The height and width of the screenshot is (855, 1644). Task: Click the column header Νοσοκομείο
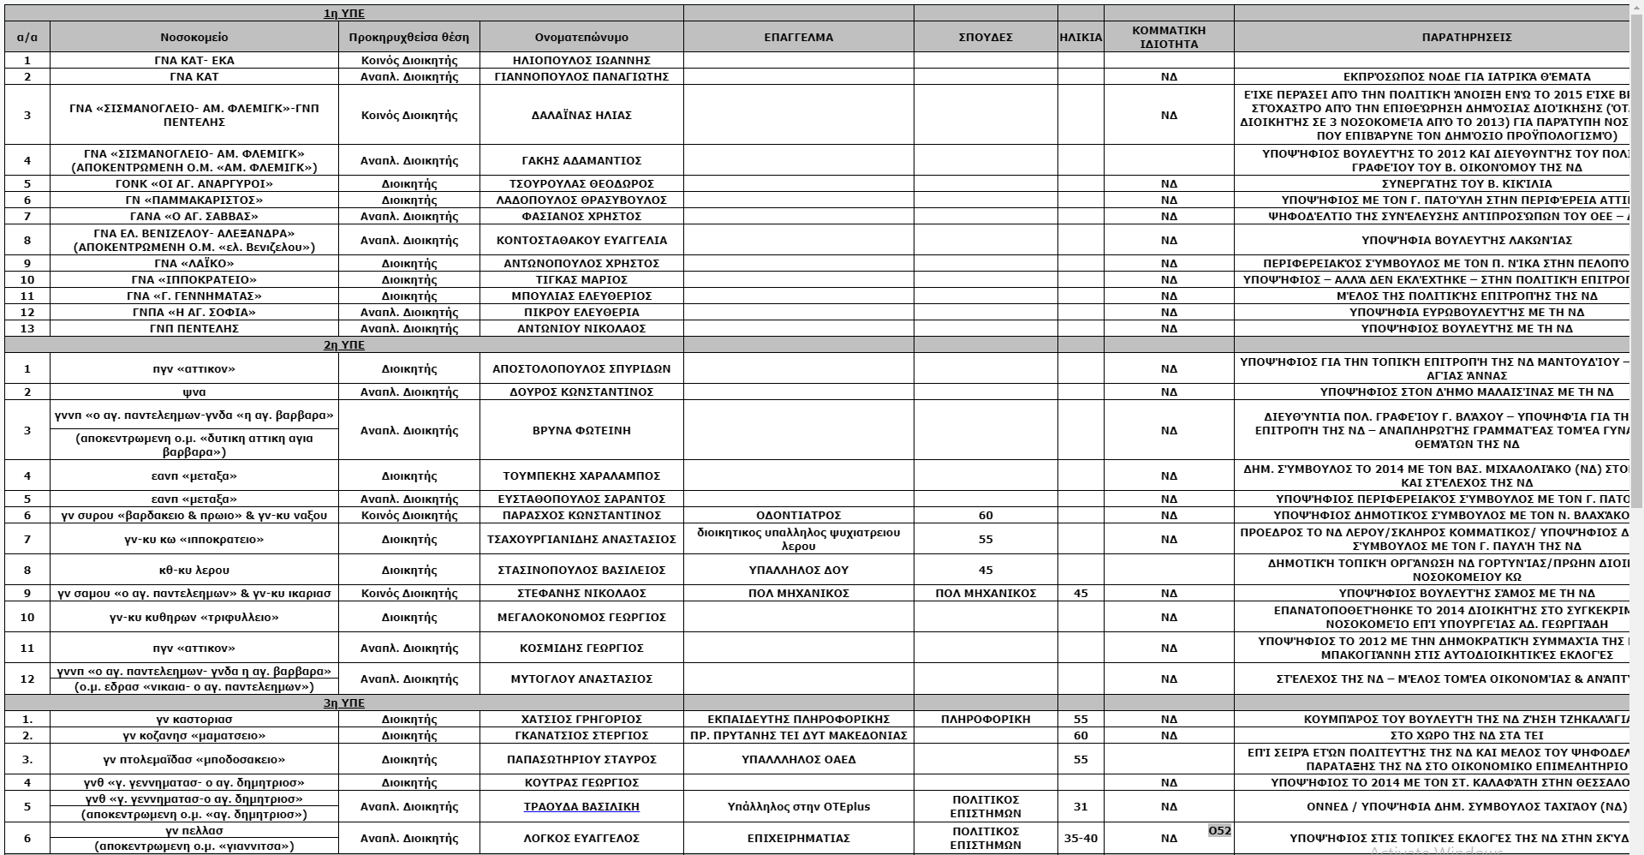(x=194, y=38)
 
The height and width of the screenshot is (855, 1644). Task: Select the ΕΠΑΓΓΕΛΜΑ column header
(x=798, y=38)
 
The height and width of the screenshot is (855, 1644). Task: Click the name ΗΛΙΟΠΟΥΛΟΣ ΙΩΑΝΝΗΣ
(x=581, y=61)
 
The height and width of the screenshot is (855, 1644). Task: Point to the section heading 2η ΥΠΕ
(x=343, y=345)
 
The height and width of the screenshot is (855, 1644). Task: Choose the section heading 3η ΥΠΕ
(x=343, y=703)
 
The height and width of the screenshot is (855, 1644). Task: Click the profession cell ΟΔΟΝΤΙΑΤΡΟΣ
(x=798, y=516)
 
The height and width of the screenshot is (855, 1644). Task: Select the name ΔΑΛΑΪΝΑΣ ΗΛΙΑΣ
(x=581, y=116)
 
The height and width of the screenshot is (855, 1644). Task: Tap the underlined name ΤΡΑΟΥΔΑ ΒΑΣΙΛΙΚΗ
(x=581, y=807)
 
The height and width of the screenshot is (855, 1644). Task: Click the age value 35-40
(x=1081, y=839)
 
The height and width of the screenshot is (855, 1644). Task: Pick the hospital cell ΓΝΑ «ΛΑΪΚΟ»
(x=194, y=264)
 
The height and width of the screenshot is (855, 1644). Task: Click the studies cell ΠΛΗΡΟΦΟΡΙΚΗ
(x=986, y=720)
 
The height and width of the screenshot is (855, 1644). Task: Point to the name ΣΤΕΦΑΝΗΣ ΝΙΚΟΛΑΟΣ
(x=581, y=594)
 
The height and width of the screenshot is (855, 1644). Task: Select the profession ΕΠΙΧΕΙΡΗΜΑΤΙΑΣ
(x=798, y=839)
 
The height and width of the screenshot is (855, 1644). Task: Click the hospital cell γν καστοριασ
(x=194, y=720)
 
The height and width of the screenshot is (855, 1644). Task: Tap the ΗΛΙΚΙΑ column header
(x=1081, y=38)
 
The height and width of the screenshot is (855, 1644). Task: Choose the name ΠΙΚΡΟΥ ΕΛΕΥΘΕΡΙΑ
(x=581, y=313)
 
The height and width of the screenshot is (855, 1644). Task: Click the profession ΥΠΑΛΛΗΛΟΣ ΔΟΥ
(x=798, y=571)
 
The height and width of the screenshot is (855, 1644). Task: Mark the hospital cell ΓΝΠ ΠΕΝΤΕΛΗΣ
(x=194, y=329)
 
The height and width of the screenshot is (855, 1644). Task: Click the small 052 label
(x=1219, y=830)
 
